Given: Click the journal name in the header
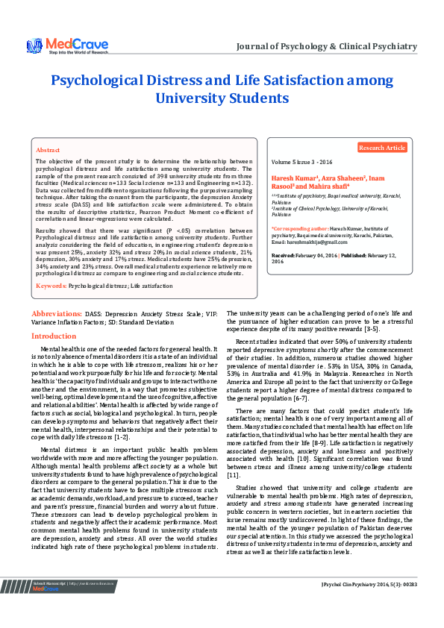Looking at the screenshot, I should pyautogui.click(x=326, y=46).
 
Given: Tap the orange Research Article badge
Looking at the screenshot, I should pyautogui.click(x=382, y=148).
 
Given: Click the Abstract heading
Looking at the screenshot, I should pyautogui.click(x=48, y=150).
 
